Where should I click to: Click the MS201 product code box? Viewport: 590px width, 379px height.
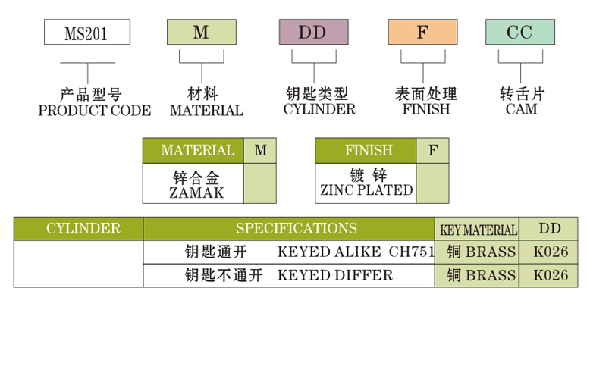pos(87,33)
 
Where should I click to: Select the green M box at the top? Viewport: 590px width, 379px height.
pos(201,32)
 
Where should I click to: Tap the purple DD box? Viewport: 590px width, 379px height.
pos(313,32)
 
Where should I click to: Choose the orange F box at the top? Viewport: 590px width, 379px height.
pos(422,32)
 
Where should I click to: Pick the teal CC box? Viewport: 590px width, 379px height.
pos(519,32)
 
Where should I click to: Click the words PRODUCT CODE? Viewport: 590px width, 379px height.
pos(94,111)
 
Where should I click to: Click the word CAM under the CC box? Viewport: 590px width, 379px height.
pos(521,109)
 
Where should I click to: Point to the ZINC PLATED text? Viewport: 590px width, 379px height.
pos(366,190)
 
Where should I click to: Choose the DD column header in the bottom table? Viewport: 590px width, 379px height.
pos(550,228)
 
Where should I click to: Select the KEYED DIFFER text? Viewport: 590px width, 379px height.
pos(335,275)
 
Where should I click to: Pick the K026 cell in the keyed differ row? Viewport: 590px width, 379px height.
pos(551,275)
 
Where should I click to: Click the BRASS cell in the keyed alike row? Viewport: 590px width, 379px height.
pos(481,252)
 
